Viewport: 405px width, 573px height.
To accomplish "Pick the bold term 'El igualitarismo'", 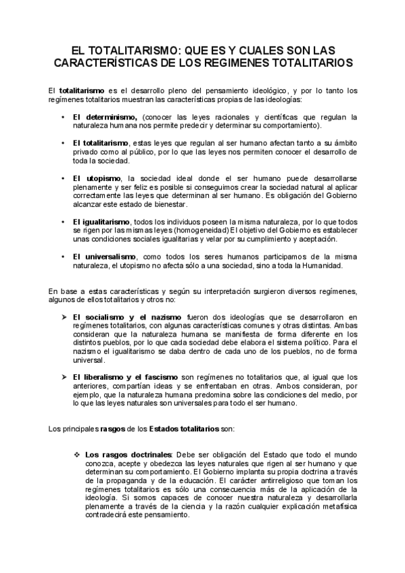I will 105,222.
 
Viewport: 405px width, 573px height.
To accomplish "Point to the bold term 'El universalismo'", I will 107,257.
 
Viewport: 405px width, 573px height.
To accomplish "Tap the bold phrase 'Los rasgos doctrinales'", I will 129,454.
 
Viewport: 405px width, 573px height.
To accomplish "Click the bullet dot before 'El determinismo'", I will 62,116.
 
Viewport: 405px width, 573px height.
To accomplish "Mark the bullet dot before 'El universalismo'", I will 62,257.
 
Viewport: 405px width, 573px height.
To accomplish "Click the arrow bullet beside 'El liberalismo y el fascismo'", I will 63,377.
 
